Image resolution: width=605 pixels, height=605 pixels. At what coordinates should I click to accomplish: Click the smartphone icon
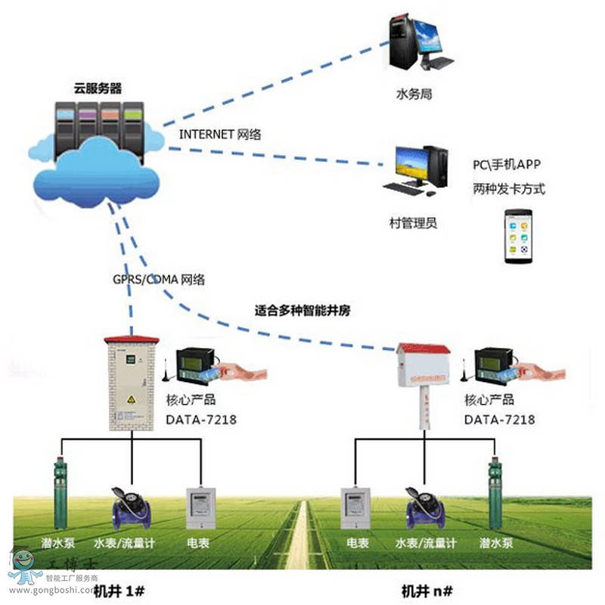click(519, 237)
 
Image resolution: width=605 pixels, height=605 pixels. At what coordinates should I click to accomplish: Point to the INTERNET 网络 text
click(220, 134)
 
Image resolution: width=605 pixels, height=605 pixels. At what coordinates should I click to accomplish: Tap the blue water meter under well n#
click(426, 507)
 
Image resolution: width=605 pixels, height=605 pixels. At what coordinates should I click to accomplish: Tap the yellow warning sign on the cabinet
click(132, 399)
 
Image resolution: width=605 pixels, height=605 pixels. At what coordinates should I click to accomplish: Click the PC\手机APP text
click(507, 164)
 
